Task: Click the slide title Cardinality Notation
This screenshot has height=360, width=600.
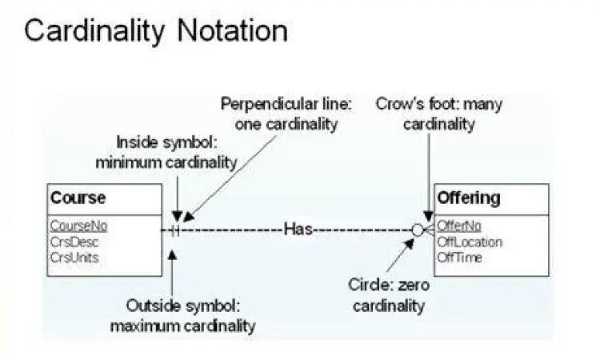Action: [x=155, y=31]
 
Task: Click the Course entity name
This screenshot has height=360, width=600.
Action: [x=78, y=198]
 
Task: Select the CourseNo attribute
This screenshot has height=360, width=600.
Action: [x=78, y=226]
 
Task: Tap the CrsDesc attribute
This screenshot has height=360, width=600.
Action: [x=72, y=242]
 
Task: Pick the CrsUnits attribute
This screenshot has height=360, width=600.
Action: [x=74, y=257]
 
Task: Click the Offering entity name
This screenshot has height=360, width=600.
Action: [x=469, y=198]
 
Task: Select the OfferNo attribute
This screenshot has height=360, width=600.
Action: [x=459, y=226]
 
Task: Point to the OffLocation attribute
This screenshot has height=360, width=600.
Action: [x=470, y=242]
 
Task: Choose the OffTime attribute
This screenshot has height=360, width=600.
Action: [x=459, y=257]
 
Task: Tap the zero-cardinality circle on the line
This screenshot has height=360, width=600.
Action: [x=418, y=230]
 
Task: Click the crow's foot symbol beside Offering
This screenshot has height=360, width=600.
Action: [x=428, y=230]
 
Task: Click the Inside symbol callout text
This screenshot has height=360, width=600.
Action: [x=166, y=152]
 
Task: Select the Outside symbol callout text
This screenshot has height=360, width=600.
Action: [x=182, y=316]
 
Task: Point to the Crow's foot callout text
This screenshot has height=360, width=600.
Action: [x=438, y=114]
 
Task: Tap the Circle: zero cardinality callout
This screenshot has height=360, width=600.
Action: [x=388, y=295]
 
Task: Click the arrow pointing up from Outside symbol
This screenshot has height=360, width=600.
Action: [x=172, y=272]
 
